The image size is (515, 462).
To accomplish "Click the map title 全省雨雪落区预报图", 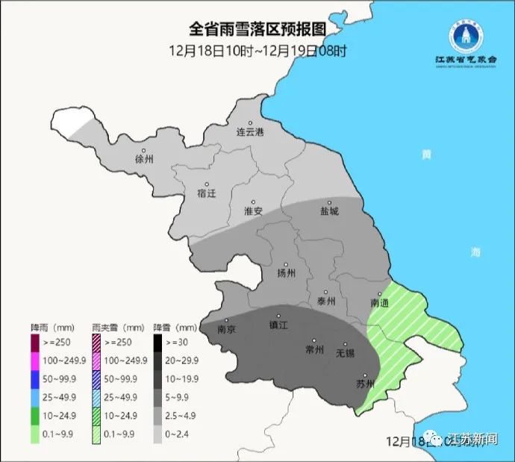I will click(x=257, y=29).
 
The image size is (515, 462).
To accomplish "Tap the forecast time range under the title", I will click(x=257, y=51).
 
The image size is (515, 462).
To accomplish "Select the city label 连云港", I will click(x=250, y=132).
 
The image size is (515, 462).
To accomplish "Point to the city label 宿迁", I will click(x=206, y=193).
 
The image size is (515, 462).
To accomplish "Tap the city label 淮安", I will click(x=253, y=211).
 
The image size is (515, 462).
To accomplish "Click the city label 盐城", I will click(x=329, y=211).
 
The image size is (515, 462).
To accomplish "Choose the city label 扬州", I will click(x=287, y=272).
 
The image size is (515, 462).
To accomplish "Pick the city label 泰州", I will click(x=326, y=302).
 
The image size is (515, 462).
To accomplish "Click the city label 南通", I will click(x=379, y=303).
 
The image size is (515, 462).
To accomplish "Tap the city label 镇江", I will click(x=278, y=325).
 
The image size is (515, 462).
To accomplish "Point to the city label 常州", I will click(x=314, y=349).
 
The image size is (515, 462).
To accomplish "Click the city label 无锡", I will click(x=344, y=352).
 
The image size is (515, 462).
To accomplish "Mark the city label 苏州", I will click(x=364, y=385).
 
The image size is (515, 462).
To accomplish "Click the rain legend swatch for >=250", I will click(x=35, y=343).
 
